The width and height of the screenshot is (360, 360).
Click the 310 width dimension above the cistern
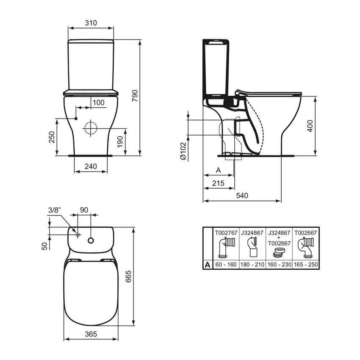click(x=91, y=23)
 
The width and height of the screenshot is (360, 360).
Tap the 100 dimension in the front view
click(x=98, y=102)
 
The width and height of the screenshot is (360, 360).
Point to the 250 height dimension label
click(x=52, y=137)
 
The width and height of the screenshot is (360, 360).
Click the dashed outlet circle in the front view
click(x=90, y=128)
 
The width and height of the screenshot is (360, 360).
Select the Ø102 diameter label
click(x=183, y=151)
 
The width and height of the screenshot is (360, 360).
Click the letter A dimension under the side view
click(x=219, y=170)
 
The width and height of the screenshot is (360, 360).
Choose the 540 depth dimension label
click(x=242, y=195)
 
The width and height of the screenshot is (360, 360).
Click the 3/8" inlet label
click(x=55, y=210)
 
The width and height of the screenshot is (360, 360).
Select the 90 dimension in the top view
click(x=84, y=210)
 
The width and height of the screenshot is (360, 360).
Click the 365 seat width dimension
click(x=91, y=334)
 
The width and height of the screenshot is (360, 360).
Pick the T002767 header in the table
click(x=226, y=232)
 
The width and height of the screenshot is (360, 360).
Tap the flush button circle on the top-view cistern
click(x=90, y=240)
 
